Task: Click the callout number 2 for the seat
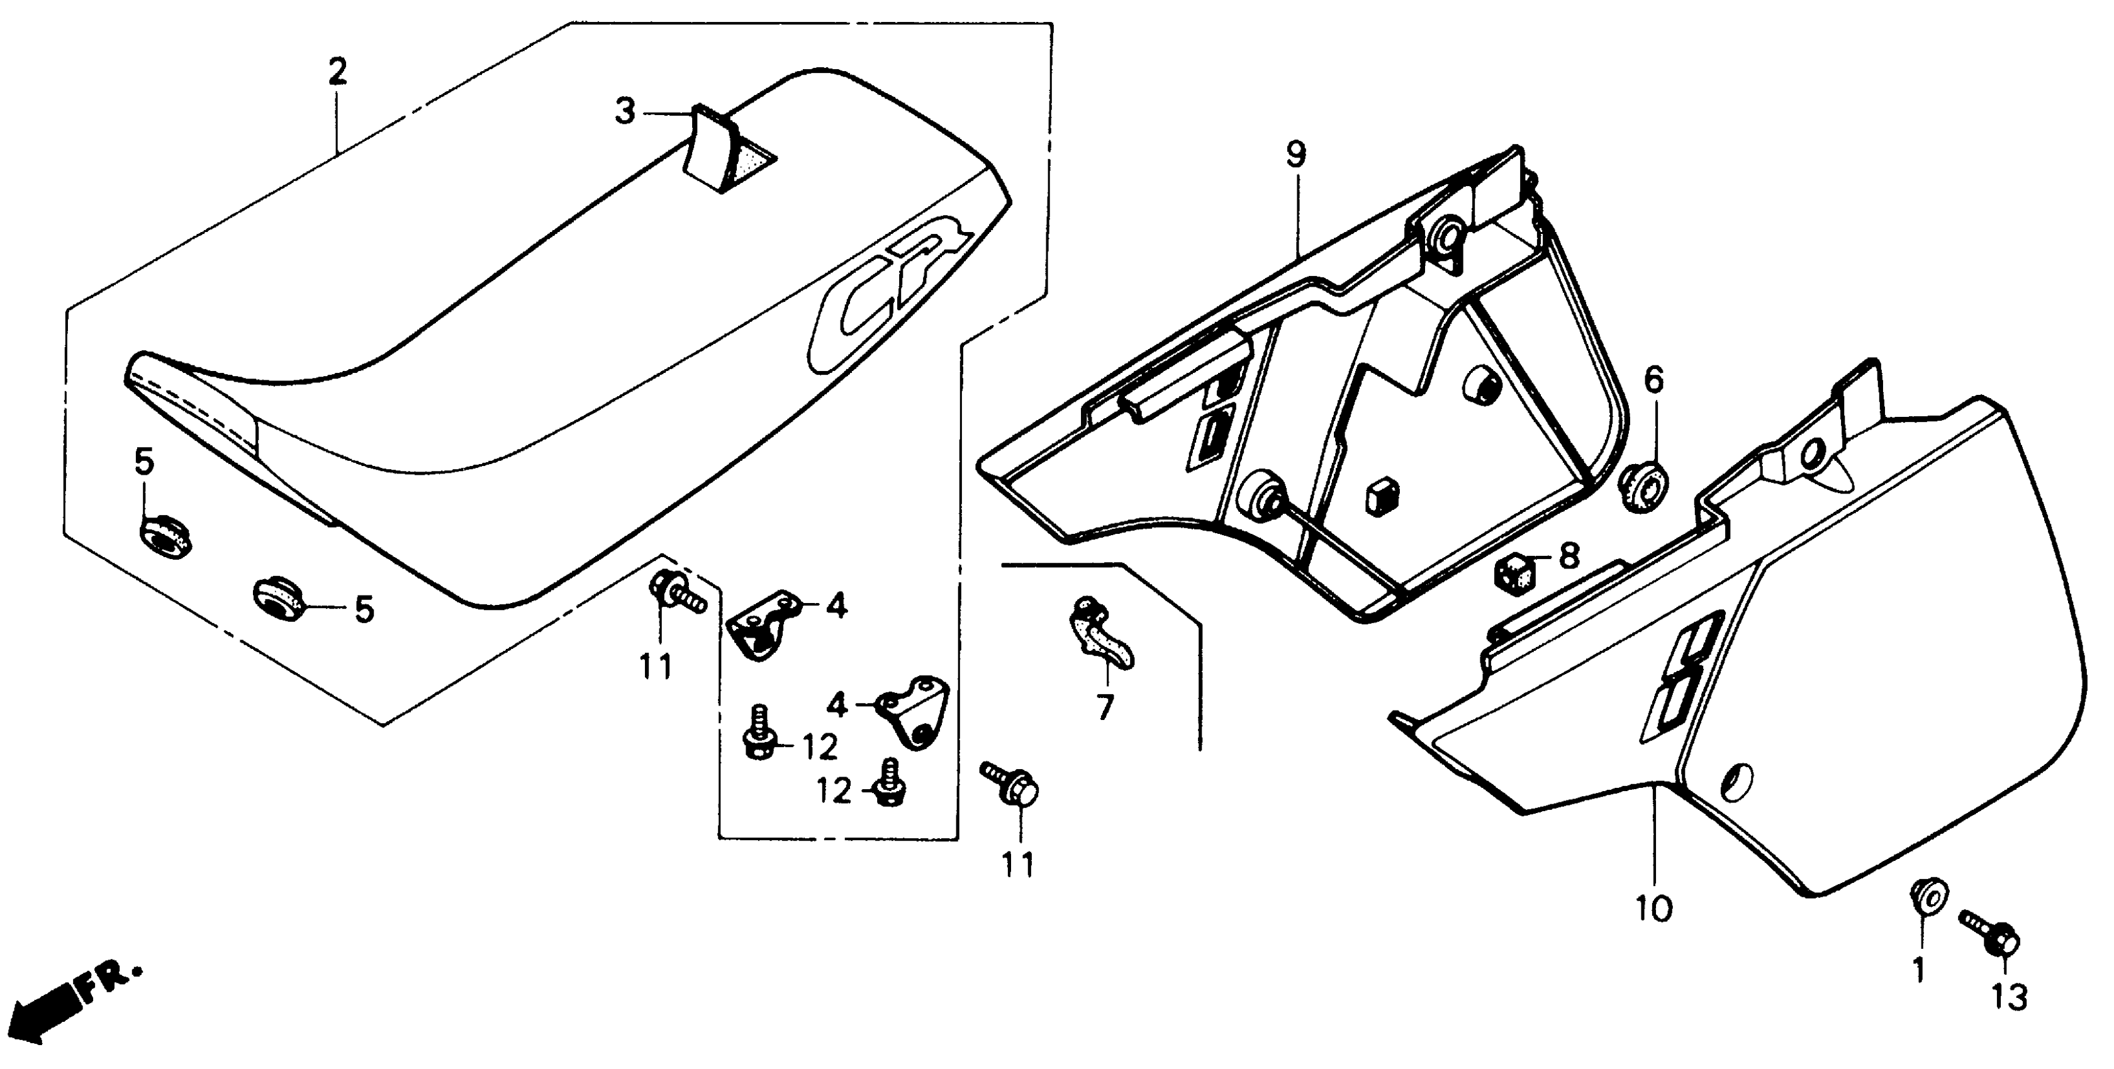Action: (x=337, y=72)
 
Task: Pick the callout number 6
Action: (x=1653, y=380)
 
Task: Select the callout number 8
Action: (x=1569, y=557)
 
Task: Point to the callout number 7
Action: (x=1105, y=706)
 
